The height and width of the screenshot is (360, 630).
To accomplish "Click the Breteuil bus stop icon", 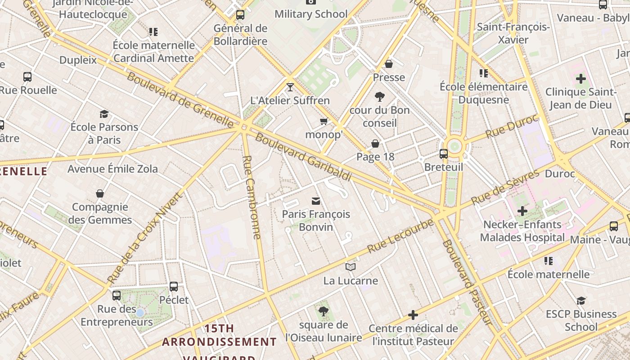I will (443, 154).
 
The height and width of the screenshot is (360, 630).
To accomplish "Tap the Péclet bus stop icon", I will (174, 287).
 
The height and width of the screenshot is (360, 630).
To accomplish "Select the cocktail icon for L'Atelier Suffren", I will (290, 87).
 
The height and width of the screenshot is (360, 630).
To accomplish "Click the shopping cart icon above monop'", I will (324, 121).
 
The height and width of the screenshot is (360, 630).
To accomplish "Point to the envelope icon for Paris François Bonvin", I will (316, 201).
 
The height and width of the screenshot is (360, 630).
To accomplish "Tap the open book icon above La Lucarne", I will (351, 267).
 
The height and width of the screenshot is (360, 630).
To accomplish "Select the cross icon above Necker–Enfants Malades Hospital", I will (522, 211).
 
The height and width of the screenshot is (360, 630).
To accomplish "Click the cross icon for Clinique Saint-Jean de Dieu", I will (580, 79).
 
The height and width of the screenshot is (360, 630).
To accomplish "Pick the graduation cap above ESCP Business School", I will (581, 301).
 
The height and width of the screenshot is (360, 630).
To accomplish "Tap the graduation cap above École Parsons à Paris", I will (104, 114).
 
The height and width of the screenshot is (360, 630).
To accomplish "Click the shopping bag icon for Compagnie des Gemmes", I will (100, 194).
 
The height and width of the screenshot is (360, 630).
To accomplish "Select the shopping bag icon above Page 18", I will (375, 144).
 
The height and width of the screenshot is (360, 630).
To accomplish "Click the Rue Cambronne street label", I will (252, 197).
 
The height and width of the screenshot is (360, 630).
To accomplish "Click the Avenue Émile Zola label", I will (112, 169).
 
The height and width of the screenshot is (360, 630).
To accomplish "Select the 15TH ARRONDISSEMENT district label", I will (219, 335).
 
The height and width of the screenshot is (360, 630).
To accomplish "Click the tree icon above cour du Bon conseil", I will (380, 96).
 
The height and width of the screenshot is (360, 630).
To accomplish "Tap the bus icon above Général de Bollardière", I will (240, 15).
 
